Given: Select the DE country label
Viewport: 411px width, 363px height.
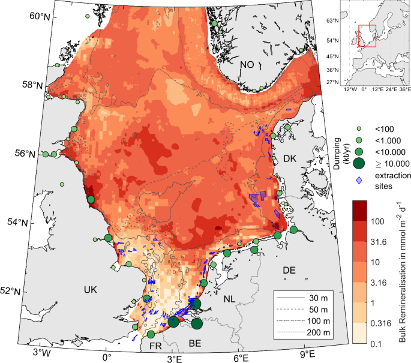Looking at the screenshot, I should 290,271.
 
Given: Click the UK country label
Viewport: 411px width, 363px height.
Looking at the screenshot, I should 90,290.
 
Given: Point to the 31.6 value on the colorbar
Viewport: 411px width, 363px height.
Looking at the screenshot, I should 377,243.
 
